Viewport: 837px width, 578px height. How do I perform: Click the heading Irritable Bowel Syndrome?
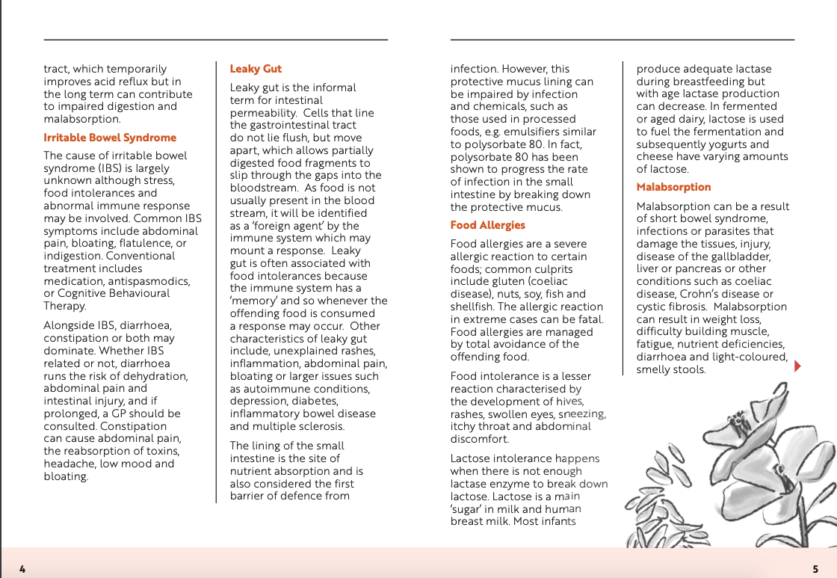tap(110, 138)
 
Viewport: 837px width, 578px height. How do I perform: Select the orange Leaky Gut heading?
tap(256, 69)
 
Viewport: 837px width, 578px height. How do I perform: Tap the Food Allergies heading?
tap(487, 225)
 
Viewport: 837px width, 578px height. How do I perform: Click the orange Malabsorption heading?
tap(673, 187)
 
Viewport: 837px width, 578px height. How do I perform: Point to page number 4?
tap(22, 569)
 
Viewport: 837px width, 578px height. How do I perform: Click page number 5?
tap(815, 569)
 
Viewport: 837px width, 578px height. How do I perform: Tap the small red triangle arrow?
tap(797, 366)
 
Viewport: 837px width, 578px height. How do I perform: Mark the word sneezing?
tap(581, 414)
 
